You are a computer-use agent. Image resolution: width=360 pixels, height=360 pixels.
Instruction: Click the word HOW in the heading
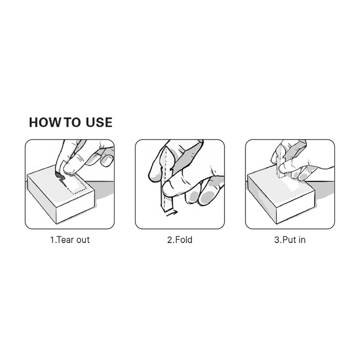pos(45,122)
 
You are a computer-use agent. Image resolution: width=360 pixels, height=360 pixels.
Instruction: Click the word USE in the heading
pos(99,122)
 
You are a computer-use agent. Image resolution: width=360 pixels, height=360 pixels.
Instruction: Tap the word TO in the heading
pos(72,122)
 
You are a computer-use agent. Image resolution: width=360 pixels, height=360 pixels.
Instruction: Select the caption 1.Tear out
pos(70,240)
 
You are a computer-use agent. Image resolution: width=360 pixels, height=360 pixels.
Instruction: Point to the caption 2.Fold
pos(180,240)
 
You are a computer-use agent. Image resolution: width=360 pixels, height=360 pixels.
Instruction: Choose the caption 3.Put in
pos(290,240)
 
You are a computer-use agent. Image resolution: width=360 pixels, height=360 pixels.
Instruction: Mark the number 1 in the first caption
pos(52,240)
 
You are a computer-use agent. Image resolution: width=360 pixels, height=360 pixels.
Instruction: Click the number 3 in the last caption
pos(277,240)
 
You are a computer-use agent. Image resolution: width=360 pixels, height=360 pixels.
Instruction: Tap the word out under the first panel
pos(83,240)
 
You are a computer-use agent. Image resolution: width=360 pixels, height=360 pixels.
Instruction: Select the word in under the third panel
pos(302,240)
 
